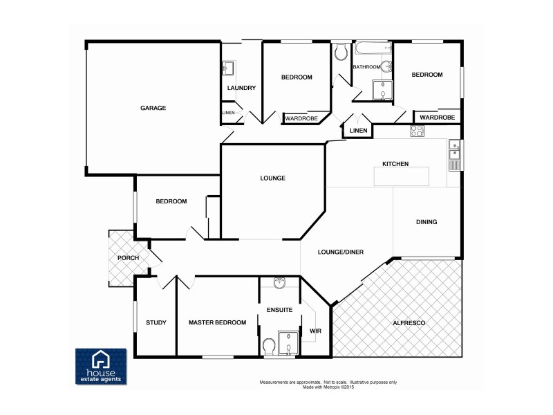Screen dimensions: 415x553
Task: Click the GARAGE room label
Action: tap(153, 108)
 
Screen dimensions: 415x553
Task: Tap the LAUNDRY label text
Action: tap(241, 88)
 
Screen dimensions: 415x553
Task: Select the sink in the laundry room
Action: tap(228, 68)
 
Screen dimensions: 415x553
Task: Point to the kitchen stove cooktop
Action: tap(417, 131)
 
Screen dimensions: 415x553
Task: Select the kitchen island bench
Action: tap(401, 177)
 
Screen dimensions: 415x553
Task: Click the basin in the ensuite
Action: tap(279, 282)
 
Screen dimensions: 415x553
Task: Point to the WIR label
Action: tap(315, 331)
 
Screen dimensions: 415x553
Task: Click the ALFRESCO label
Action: tap(408, 323)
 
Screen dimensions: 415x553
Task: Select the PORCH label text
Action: tap(128, 258)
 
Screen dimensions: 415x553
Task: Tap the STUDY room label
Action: tap(156, 322)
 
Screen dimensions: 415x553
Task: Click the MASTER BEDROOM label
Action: tap(217, 322)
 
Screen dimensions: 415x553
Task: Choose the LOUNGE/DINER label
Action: tap(341, 252)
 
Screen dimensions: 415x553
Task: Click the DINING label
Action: tap(427, 222)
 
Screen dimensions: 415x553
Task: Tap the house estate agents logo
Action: tap(101, 366)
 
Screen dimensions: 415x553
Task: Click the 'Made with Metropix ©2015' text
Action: tap(328, 387)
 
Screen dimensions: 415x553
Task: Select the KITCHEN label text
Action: tap(395, 164)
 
